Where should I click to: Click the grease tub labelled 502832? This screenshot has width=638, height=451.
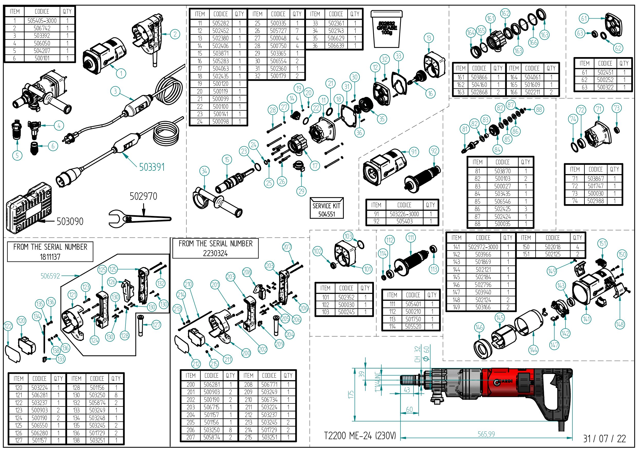coord(387,29)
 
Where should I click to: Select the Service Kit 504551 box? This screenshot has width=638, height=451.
coord(327,209)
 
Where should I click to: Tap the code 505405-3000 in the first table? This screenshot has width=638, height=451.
coord(42,21)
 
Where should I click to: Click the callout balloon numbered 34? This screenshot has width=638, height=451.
coord(204,171)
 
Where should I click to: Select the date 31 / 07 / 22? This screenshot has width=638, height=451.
coord(604,439)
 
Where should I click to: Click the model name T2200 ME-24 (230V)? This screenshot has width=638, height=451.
coord(360,435)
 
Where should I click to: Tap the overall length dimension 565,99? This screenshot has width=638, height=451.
coord(486,434)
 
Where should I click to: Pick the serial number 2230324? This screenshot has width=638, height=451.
coord(215,253)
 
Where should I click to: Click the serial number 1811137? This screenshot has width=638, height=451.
coord(50,256)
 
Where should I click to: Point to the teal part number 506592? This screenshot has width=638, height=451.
coord(50,276)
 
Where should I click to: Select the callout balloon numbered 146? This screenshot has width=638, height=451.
coord(479,327)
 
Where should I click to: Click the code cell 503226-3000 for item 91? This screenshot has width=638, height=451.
coord(404,214)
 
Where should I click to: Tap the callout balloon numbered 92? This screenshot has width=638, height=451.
coord(434,151)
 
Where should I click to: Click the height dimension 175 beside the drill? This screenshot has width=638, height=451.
coord(351,394)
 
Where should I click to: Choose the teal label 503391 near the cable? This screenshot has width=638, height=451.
coord(152,167)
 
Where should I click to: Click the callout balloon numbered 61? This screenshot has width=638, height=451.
coord(584,19)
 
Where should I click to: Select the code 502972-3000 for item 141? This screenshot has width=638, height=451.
coord(483,247)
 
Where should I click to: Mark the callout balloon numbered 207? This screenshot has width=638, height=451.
coord(287,247)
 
